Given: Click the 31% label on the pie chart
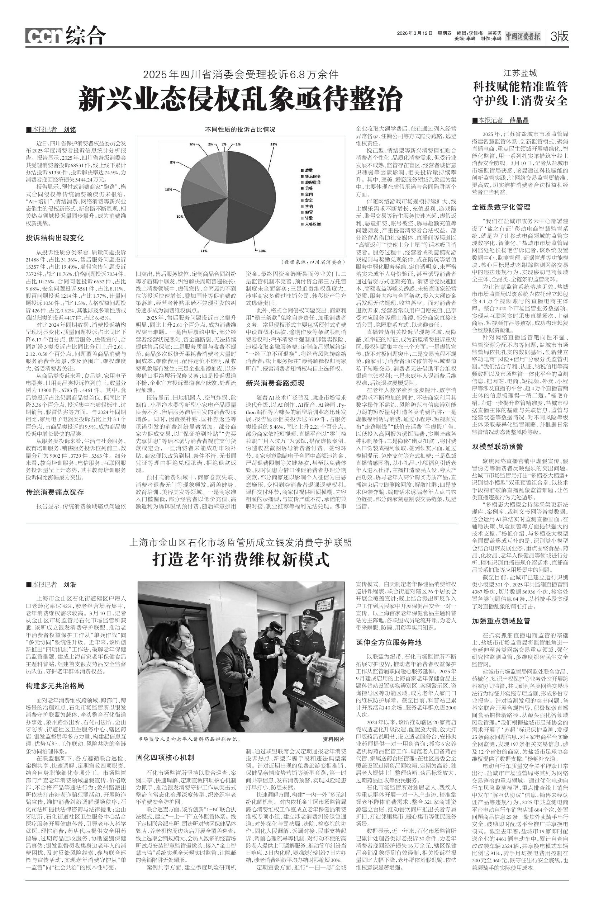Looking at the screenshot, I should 273,144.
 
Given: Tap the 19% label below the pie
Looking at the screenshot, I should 262,250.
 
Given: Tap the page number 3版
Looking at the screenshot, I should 559,37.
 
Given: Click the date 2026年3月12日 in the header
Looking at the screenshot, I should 415,33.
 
